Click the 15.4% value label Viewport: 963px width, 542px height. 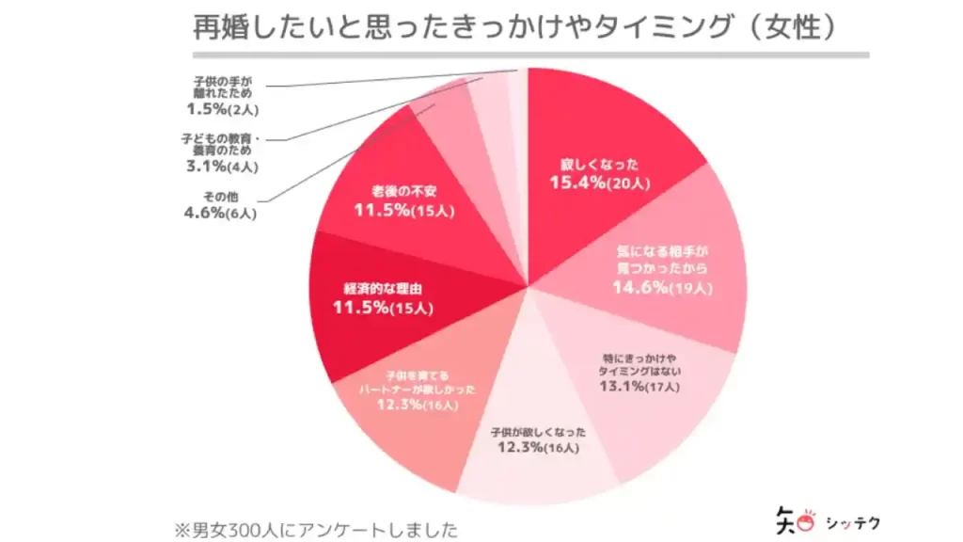(576, 183)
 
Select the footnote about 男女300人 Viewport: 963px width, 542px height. (316, 523)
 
